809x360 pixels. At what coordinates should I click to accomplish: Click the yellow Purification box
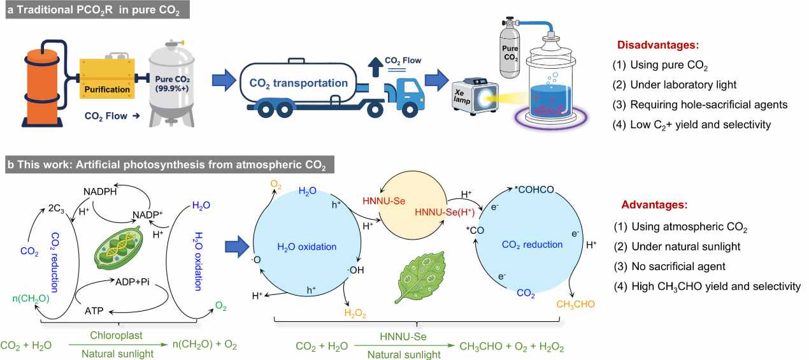click(x=107, y=78)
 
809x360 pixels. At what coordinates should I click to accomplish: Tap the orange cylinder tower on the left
click(x=42, y=89)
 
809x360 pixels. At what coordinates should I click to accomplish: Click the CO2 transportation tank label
click(x=298, y=83)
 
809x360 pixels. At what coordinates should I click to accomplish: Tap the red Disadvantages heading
click(x=658, y=45)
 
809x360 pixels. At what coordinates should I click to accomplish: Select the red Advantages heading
click(x=654, y=205)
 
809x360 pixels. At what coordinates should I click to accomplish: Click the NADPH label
click(x=100, y=191)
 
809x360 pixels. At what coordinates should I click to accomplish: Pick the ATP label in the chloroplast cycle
click(x=94, y=310)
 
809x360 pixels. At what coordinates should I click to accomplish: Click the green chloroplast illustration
click(x=118, y=248)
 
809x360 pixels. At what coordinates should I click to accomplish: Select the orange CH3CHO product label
click(x=575, y=305)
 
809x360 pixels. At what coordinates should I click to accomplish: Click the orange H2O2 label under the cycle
click(x=355, y=313)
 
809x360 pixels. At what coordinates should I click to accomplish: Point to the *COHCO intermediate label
click(x=534, y=190)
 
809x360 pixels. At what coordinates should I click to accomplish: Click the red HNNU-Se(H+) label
click(x=445, y=212)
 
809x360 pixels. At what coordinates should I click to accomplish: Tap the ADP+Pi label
click(x=132, y=282)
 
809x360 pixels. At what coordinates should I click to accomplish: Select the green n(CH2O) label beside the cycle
click(x=31, y=299)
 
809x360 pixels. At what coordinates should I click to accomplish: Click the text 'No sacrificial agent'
click(x=678, y=266)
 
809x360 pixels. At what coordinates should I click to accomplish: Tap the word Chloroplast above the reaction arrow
click(x=117, y=335)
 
